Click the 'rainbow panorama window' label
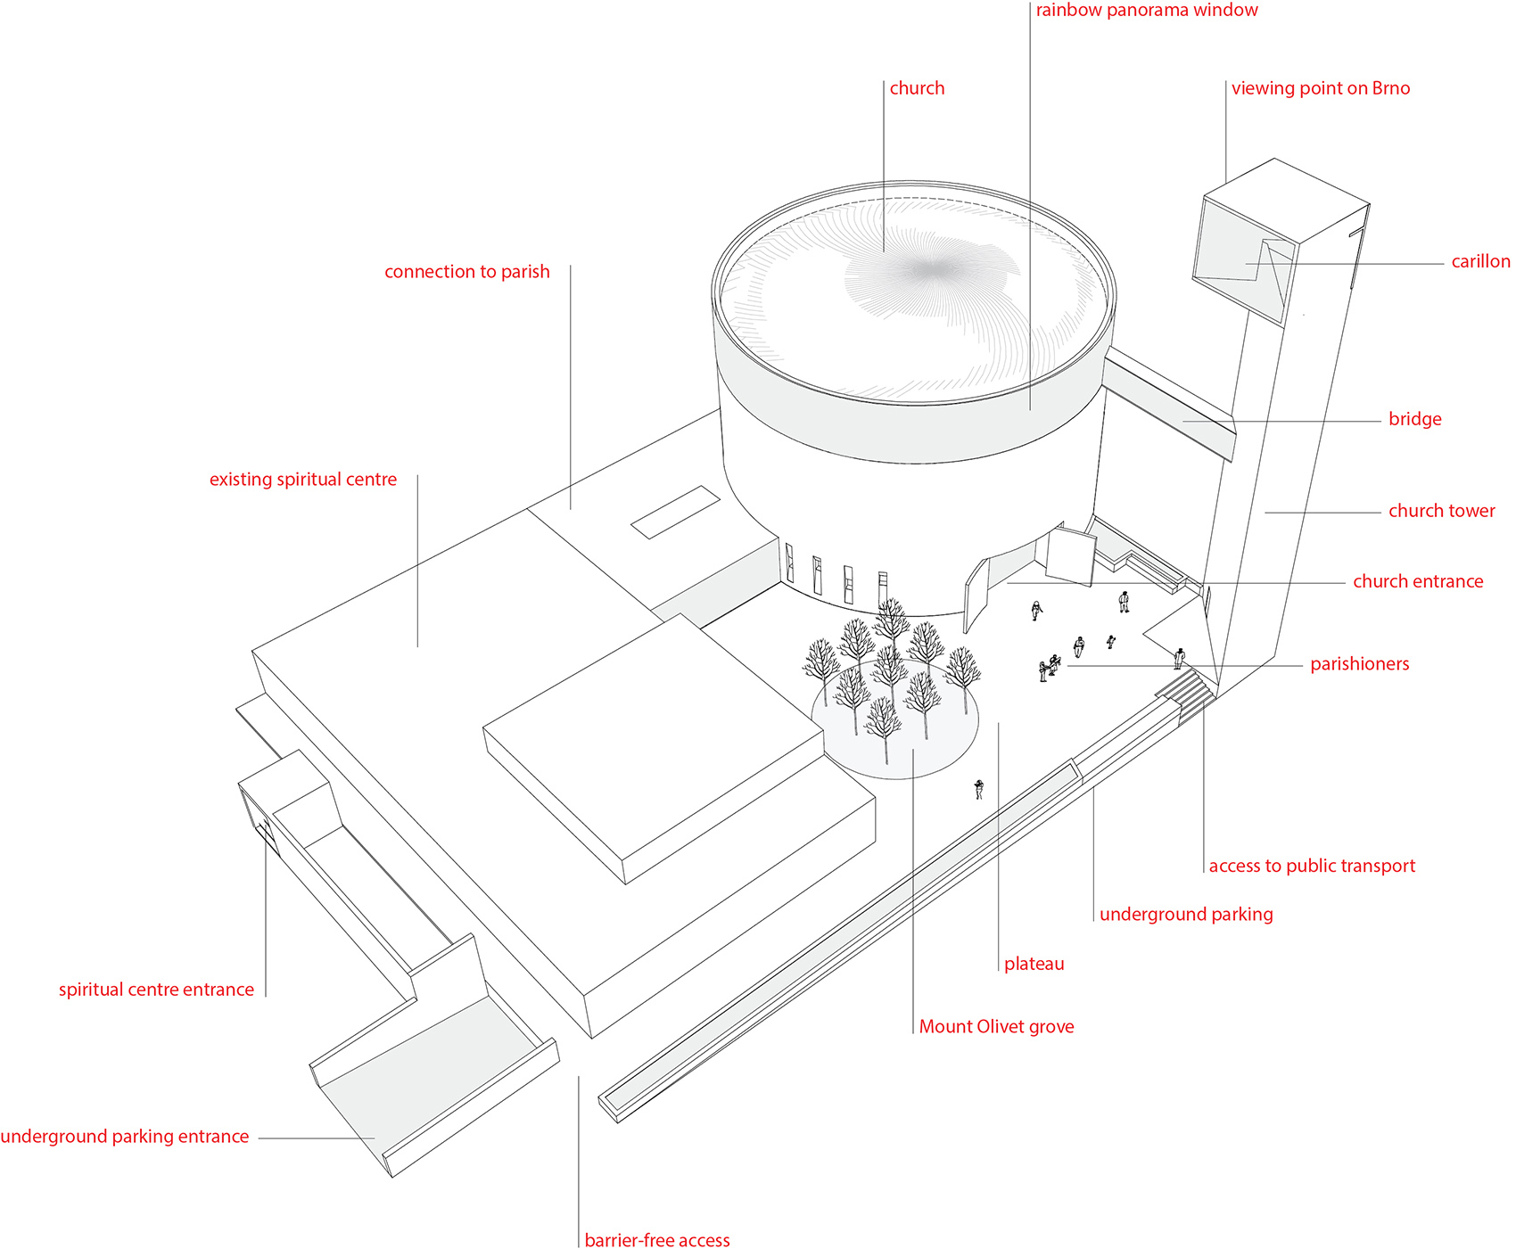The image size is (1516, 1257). (1147, 10)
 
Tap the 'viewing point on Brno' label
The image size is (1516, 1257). (1321, 88)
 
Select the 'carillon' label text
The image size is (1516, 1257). (1480, 261)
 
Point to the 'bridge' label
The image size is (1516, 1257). (1414, 419)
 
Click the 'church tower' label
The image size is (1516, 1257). (1441, 511)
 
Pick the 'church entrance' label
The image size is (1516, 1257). (1418, 581)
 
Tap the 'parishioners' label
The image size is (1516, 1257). (1359, 664)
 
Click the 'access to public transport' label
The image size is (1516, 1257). (1312, 866)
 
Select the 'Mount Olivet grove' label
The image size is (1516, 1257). (996, 1027)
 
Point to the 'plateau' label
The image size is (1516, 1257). (1034, 964)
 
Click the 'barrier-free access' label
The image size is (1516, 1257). (657, 1240)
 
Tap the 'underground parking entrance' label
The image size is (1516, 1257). (125, 1137)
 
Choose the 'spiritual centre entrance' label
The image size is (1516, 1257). (156, 990)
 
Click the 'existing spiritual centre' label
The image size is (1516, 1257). (303, 480)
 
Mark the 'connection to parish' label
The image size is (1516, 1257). (467, 272)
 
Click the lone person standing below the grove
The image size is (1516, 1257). (979, 789)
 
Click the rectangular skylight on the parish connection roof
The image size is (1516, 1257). (676, 512)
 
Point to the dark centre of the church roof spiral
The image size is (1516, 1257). (930, 268)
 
